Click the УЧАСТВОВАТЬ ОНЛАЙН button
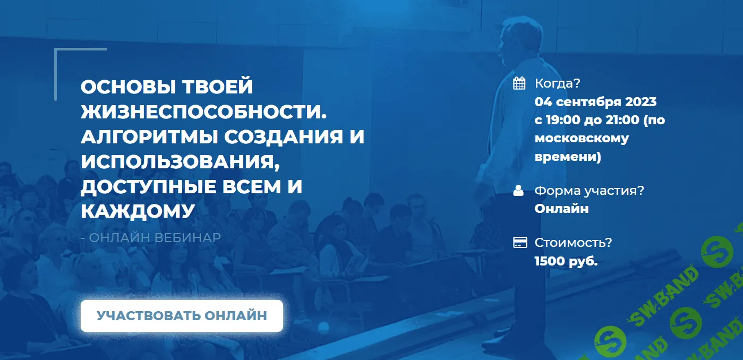coord(182,316)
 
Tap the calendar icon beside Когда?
coord(519,83)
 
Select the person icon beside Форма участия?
coord(519,191)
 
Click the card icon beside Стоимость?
coord(519,243)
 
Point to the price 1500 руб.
coord(566,261)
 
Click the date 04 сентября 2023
coord(595,101)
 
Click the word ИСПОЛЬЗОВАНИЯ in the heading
coord(181,161)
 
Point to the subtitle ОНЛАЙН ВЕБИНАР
coord(155,237)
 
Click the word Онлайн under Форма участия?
coord(561,209)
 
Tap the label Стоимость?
coord(573,243)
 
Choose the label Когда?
coord(557,83)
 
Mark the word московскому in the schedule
coord(582,139)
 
